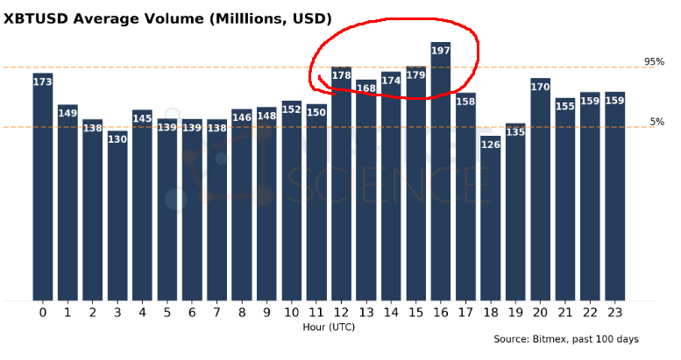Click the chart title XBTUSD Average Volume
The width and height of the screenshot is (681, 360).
[x=167, y=18]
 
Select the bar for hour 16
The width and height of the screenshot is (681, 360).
[x=441, y=175]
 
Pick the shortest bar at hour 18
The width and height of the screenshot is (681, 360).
[x=491, y=219]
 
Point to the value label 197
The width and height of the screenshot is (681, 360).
[x=441, y=51]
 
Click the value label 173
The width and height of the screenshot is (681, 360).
[x=43, y=82]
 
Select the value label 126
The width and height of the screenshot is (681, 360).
[x=491, y=145]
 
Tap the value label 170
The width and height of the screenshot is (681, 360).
[x=541, y=87]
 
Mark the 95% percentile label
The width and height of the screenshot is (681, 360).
[x=654, y=61]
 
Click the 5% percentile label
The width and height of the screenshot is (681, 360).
[x=657, y=122]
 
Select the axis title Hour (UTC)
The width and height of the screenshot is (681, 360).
[x=329, y=327]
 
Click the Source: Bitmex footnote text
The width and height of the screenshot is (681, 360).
[x=565, y=339]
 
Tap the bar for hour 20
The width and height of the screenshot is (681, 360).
[x=541, y=193]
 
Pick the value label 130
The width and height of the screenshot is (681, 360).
[x=117, y=139]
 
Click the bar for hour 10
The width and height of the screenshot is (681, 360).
[x=292, y=201]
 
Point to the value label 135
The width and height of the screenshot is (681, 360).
[x=515, y=133]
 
